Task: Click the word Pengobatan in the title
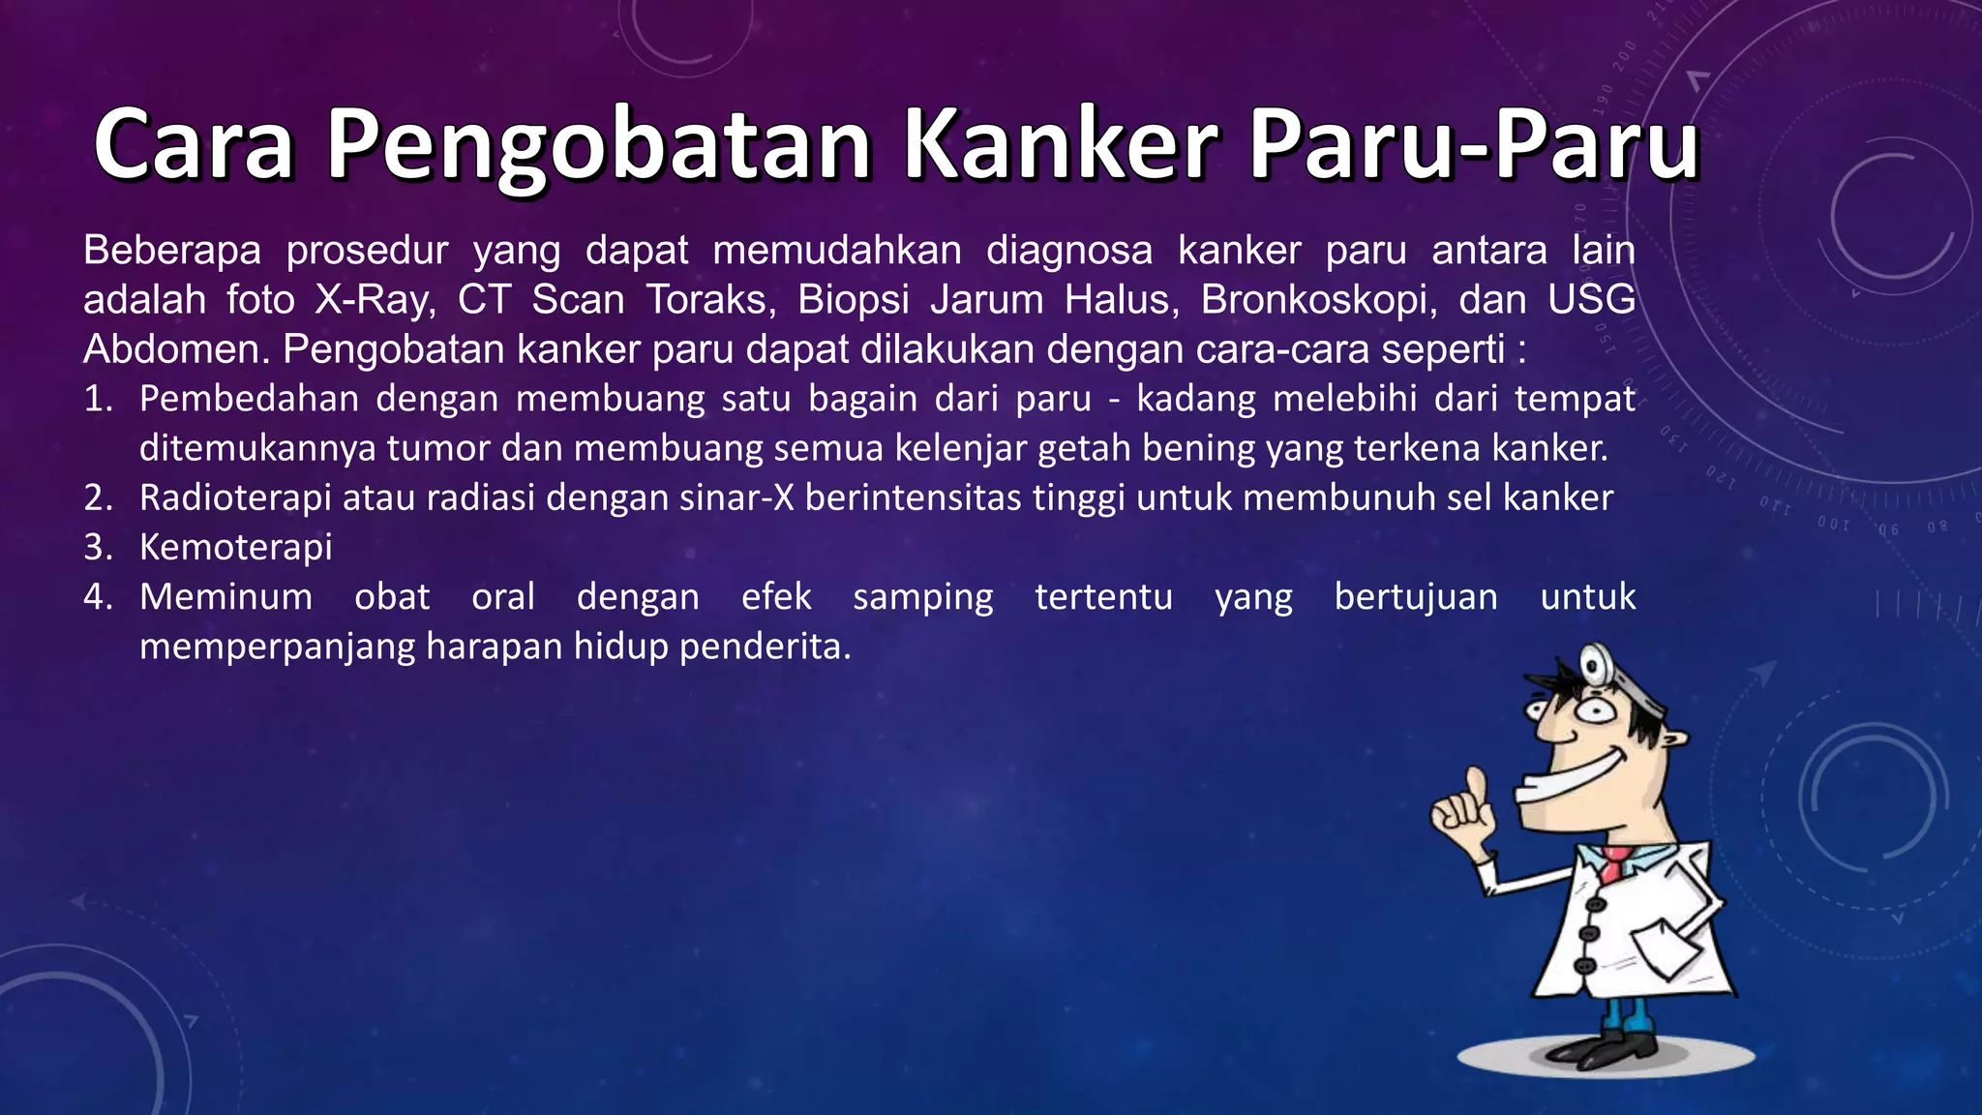pyautogui.click(x=598, y=147)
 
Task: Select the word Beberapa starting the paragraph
pyautogui.click(x=172, y=251)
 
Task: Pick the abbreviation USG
pyautogui.click(x=1591, y=300)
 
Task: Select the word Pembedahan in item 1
pyautogui.click(x=249, y=399)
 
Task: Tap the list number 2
pyautogui.click(x=98, y=498)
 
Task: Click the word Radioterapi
pyautogui.click(x=235, y=498)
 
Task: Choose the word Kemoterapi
pyautogui.click(x=235, y=548)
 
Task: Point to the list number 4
pyautogui.click(x=98, y=597)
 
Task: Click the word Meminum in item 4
pyautogui.click(x=225, y=597)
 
